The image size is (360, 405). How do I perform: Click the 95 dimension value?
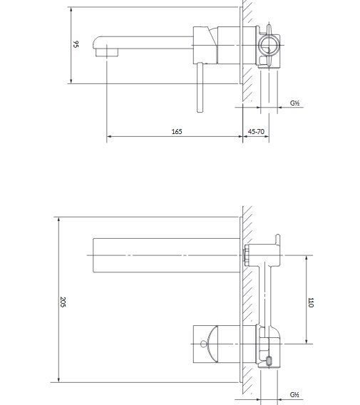click(x=76, y=44)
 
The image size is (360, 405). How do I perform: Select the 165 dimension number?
click(x=177, y=132)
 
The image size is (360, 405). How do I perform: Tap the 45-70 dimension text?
click(x=256, y=132)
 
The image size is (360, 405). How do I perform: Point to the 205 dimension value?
click(x=63, y=302)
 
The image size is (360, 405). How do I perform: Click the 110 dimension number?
click(x=311, y=302)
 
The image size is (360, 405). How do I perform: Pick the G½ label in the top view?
click(x=294, y=103)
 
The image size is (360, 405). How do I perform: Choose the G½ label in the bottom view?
click(x=294, y=395)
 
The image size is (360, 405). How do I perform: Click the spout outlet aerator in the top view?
click(x=107, y=53)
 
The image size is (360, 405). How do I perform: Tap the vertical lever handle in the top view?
click(x=200, y=87)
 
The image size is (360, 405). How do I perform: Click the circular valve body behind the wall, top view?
click(x=269, y=46)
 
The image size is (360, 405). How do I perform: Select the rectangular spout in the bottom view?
click(x=166, y=255)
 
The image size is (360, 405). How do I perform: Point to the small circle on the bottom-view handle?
click(x=204, y=344)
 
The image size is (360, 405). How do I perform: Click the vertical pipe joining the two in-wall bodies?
click(x=264, y=294)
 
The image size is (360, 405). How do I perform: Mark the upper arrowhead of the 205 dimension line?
click(x=59, y=220)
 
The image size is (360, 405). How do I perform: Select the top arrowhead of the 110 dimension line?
click(x=307, y=258)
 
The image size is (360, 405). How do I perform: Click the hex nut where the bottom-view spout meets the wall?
click(x=246, y=255)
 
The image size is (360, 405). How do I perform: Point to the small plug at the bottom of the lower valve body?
click(x=269, y=361)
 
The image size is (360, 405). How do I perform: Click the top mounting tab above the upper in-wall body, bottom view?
click(x=277, y=239)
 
